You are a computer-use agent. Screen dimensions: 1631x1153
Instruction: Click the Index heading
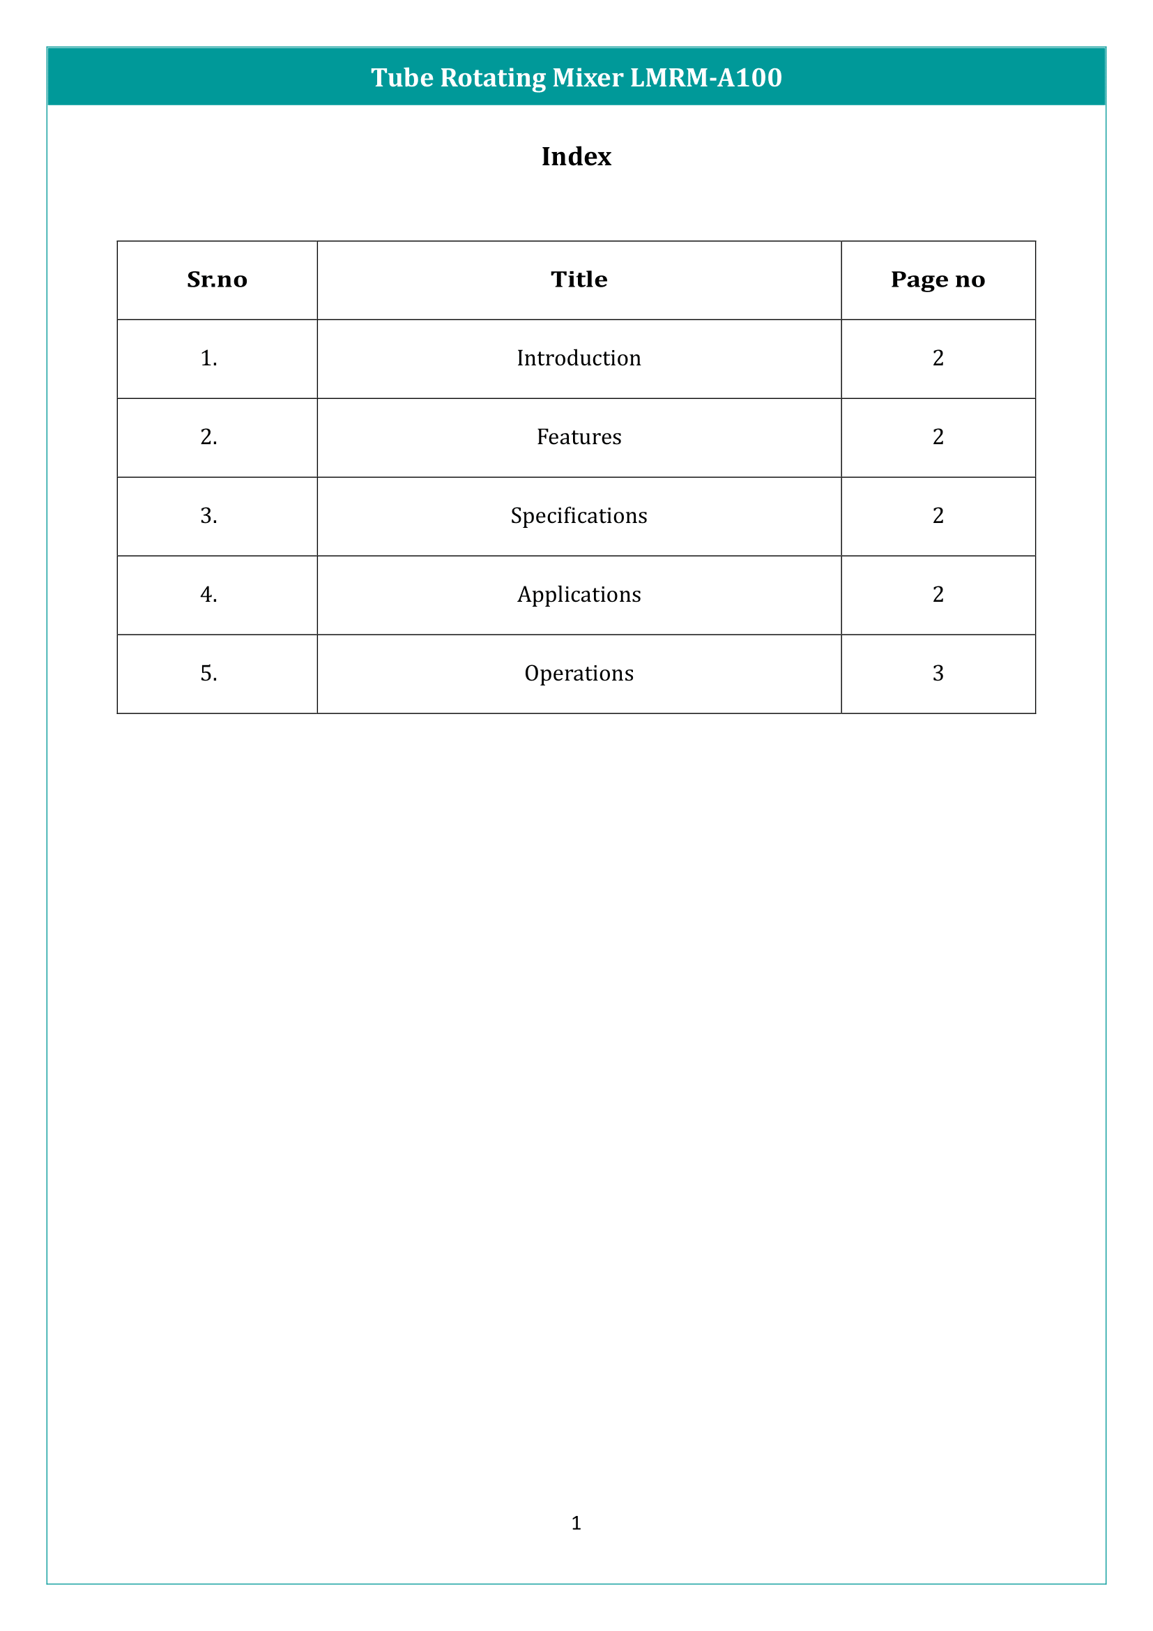pos(576,156)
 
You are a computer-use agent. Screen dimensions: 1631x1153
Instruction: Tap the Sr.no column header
pos(217,280)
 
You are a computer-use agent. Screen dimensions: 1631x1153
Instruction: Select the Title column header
pos(579,280)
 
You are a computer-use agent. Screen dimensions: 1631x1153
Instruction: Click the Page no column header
pos(937,280)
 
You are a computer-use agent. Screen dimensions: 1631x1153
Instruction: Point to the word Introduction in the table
pos(579,358)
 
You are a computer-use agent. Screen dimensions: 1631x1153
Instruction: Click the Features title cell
pos(579,437)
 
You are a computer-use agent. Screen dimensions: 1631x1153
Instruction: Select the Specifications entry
pos(579,516)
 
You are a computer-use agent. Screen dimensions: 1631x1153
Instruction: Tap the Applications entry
pos(579,595)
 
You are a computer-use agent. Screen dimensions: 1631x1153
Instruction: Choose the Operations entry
pos(579,674)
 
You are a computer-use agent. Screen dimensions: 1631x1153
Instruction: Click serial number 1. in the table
pos(208,358)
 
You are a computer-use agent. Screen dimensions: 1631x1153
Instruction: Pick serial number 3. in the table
pos(208,516)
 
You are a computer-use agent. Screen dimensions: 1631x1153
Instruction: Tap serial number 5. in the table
pos(208,674)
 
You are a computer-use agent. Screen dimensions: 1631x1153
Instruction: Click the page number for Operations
pos(938,674)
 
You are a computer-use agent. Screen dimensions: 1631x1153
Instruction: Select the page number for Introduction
pos(938,358)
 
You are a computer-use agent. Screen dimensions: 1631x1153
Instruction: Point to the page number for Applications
pos(938,595)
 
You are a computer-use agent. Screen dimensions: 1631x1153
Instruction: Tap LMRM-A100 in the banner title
pos(705,77)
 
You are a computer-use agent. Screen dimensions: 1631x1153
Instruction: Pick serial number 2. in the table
pos(208,437)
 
